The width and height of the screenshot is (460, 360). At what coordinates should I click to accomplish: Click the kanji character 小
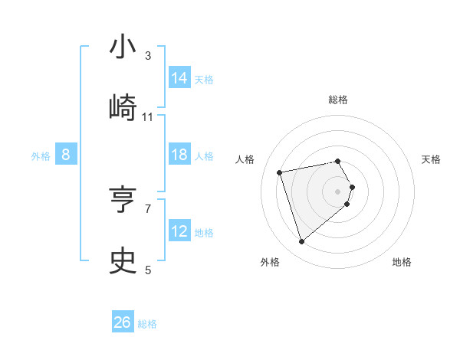coord(123,47)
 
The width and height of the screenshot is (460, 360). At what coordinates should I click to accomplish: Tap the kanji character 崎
coord(123,108)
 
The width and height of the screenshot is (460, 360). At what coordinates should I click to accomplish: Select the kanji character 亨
coord(123,200)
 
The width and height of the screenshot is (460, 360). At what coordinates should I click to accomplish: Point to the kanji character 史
coord(123,261)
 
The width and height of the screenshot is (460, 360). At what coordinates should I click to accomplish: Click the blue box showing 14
coord(179,78)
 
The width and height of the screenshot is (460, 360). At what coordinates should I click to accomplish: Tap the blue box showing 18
coord(179,155)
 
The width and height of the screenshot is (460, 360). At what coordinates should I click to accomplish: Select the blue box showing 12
coord(179,231)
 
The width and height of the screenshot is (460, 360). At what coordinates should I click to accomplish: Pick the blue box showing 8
coord(66,155)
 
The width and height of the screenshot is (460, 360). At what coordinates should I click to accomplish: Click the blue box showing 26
coord(123,322)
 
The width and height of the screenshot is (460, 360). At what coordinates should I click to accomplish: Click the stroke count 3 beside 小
coord(148,56)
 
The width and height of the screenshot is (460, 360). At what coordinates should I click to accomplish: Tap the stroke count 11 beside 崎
coord(148,117)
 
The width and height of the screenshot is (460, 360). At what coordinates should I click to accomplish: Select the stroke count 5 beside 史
coord(148,270)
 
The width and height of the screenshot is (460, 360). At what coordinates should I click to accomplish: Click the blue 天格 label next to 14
coord(204,80)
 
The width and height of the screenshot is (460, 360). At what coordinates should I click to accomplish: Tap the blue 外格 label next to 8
coord(41,156)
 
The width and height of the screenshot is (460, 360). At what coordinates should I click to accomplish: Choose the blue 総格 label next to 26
coord(147,324)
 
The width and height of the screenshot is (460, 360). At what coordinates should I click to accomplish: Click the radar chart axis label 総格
coord(338,100)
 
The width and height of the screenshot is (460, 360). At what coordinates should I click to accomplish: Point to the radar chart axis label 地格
coord(402,262)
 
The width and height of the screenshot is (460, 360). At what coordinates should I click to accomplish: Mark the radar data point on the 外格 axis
coord(302,242)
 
